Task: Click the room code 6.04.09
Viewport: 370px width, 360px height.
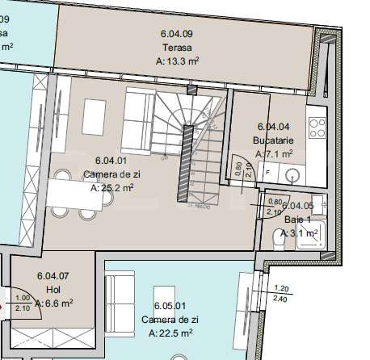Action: [176, 34]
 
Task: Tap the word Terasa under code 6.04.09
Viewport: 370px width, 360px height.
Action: [175, 47]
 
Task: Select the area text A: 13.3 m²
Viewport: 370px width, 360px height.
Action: [178, 60]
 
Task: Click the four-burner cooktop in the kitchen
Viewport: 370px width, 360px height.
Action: [316, 128]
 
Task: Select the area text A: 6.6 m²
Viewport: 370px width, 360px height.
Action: [53, 303]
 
